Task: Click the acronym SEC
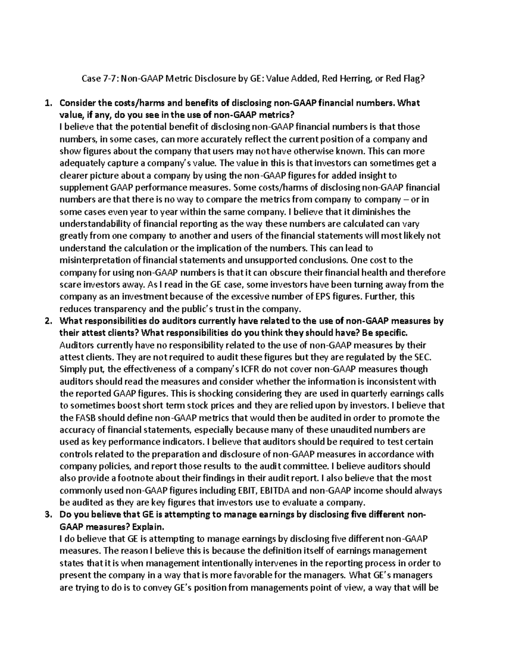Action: tap(423, 357)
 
